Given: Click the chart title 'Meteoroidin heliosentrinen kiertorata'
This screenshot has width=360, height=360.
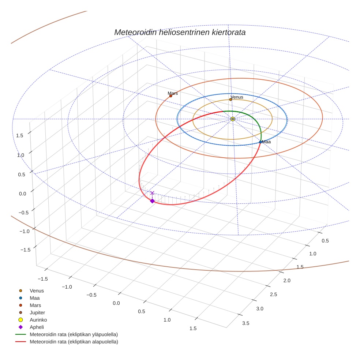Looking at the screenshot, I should coord(180,32).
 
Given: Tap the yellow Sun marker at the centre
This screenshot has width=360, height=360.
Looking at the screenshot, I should coord(233,119).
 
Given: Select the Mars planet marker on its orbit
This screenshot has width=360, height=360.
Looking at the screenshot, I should coord(170,96).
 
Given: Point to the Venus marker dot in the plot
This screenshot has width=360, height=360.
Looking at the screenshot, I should coord(230,100).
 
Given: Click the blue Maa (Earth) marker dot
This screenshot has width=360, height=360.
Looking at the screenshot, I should coord(260,142).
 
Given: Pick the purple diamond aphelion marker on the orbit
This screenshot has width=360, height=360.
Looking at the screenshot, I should coord(152,201).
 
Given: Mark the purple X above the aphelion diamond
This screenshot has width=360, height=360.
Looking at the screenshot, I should coord(152,193).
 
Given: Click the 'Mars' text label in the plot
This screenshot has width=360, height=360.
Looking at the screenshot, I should coord(173,93).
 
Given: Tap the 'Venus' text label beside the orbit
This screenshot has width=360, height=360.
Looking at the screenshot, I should coord(237,97).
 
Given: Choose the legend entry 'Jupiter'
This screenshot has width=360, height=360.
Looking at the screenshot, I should coord(37,312).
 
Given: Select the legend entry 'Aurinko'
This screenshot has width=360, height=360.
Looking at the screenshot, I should coord(38,320).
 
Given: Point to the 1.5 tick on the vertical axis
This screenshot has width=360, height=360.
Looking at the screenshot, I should coord(20,135).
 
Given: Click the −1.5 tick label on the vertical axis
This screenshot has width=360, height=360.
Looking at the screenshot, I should coord(25,250).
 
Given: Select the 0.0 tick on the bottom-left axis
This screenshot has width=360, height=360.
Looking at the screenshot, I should coord(116,303).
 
